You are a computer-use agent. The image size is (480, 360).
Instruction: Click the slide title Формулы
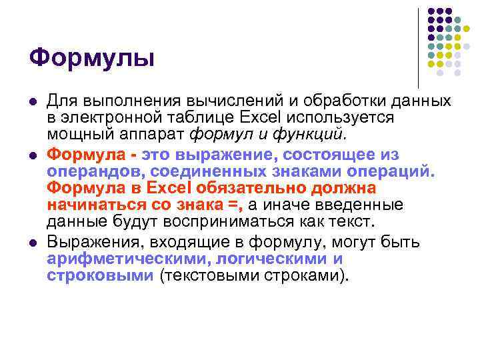[x=91, y=58]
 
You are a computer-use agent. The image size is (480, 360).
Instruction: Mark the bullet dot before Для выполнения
[x=31, y=101]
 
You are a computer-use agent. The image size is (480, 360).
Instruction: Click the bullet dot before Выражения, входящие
[x=31, y=243]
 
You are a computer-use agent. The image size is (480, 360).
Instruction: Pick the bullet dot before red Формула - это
[x=31, y=155]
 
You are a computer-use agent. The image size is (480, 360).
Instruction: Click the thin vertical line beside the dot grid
[x=419, y=47]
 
